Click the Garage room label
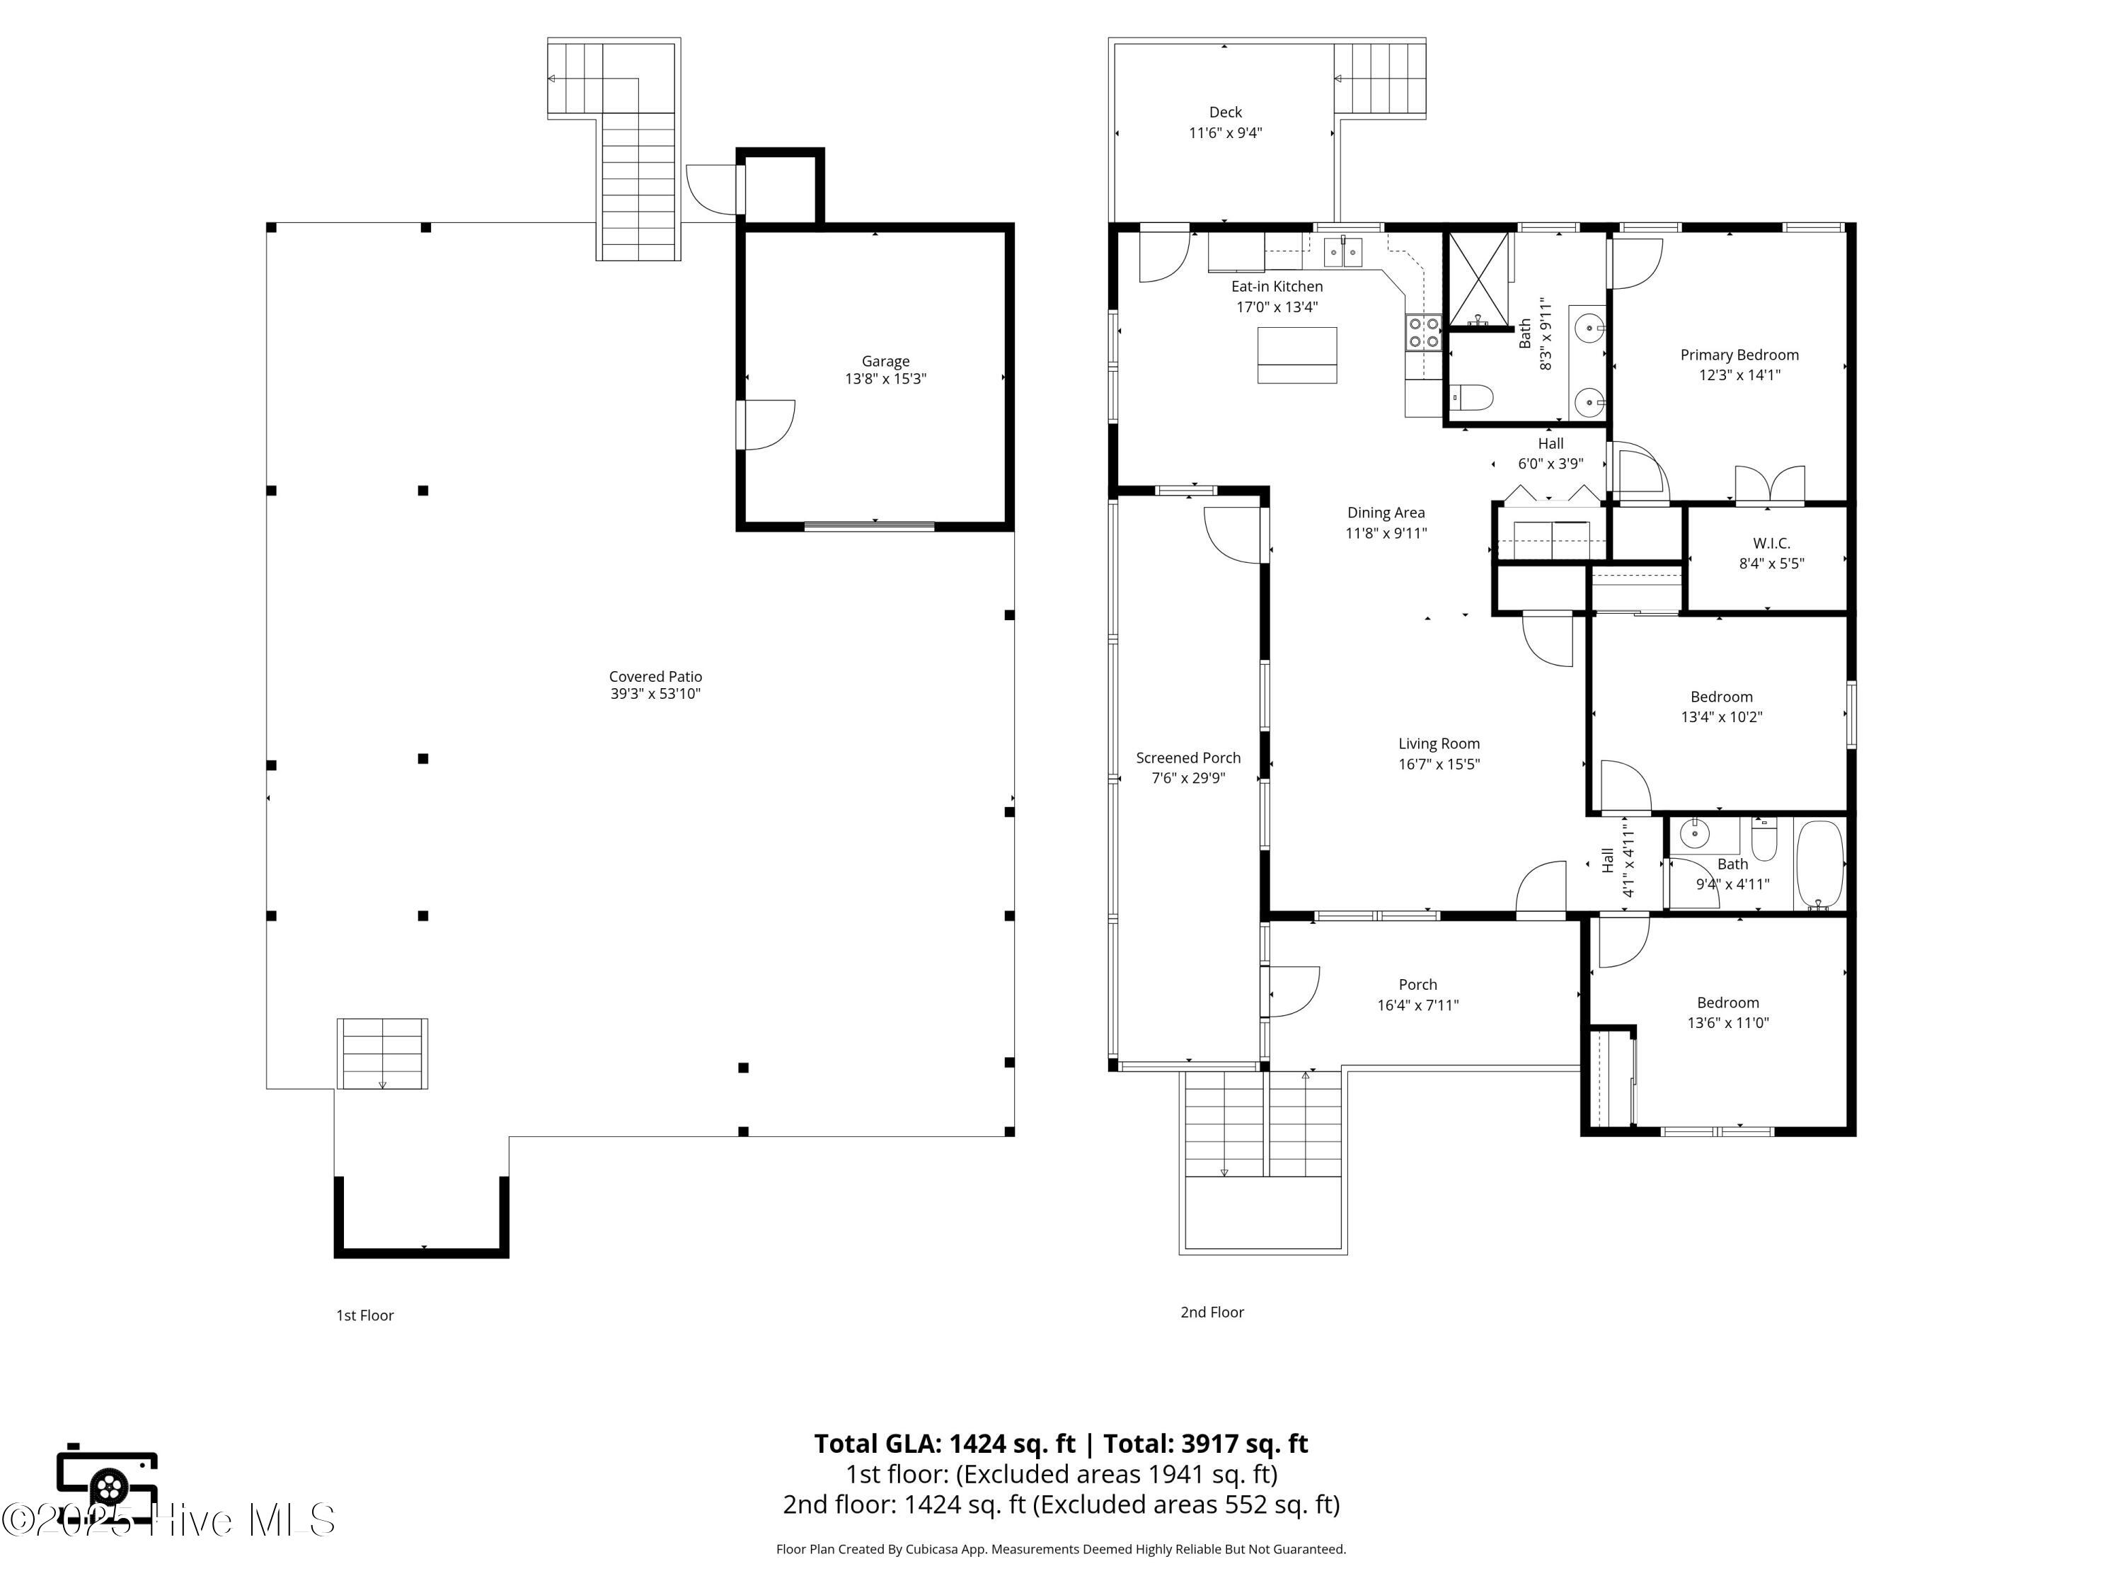pos(885,361)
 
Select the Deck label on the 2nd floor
pos(1225,113)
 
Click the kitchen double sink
pos(1342,253)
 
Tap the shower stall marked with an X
pos(1478,278)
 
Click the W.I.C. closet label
pos(1771,544)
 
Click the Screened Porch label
pos(1187,758)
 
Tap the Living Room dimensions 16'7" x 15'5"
pos(1438,765)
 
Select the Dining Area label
pos(1385,513)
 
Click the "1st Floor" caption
pos(364,1315)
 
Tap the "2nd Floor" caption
pos(1212,1312)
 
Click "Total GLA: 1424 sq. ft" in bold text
pos(945,1443)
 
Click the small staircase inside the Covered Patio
pos(382,1054)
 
